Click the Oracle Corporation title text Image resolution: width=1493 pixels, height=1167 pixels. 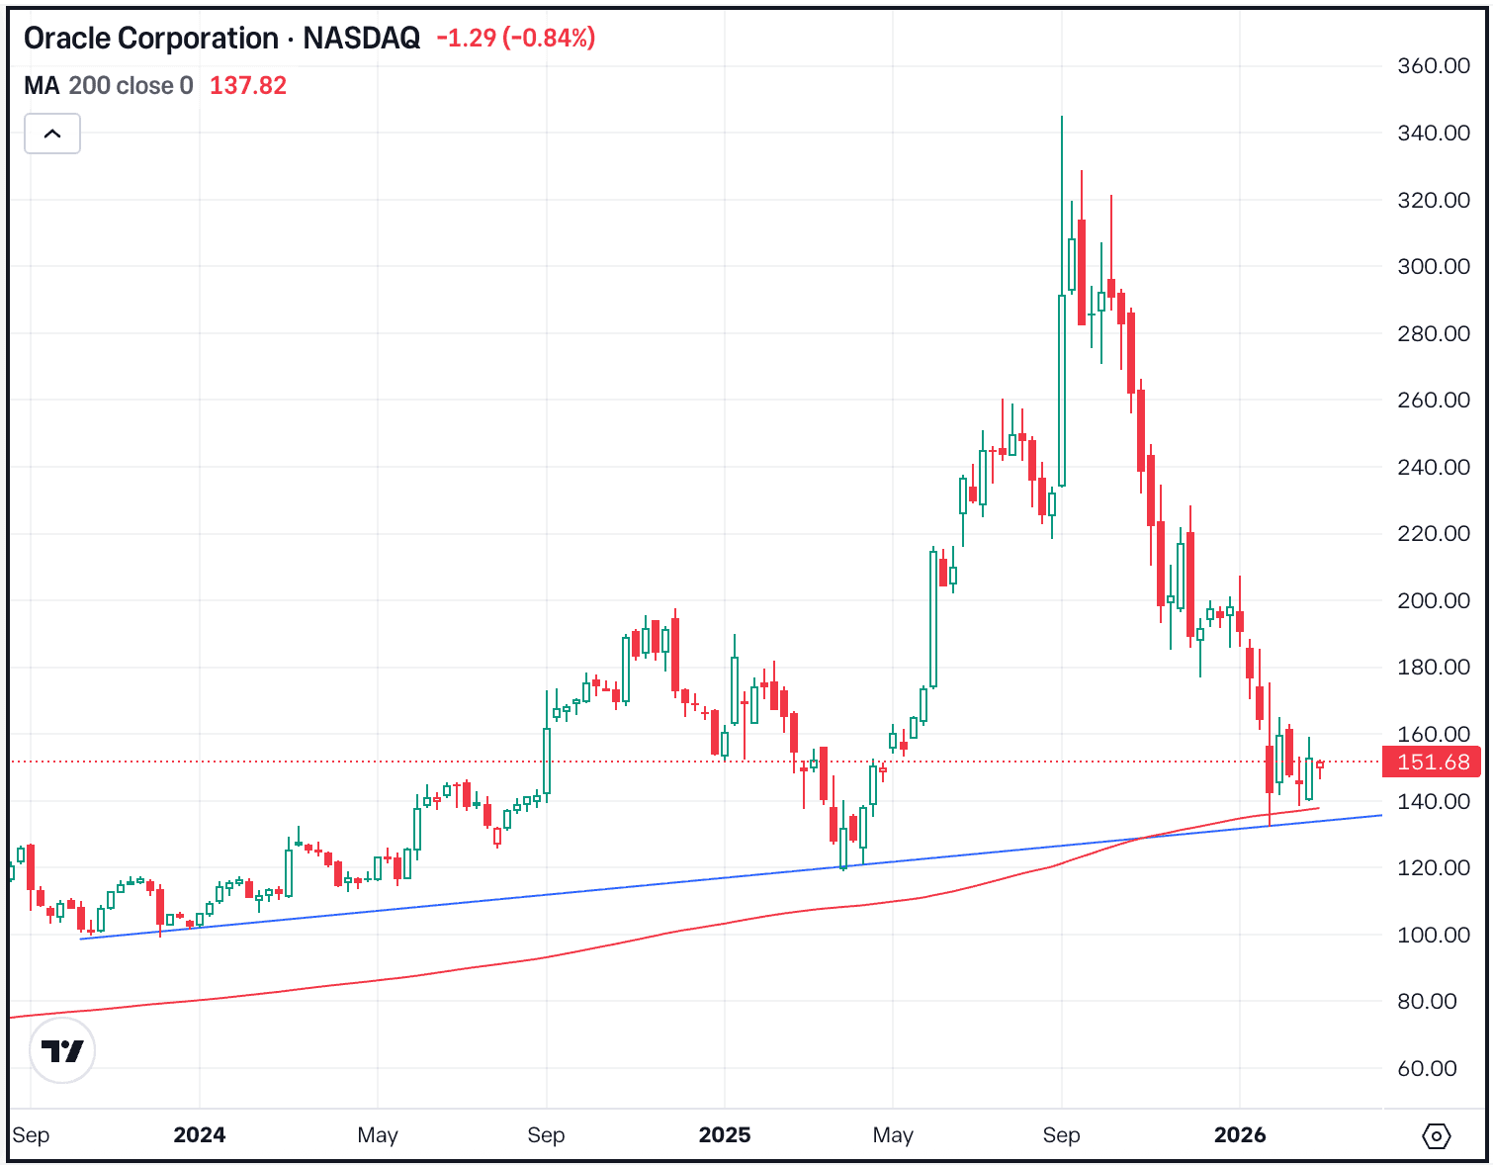150,39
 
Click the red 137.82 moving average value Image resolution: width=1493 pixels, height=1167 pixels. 247,86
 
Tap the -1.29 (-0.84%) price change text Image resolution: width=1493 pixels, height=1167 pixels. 515,39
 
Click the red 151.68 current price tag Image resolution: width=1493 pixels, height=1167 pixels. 1433,763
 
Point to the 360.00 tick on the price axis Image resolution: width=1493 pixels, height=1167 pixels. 1433,66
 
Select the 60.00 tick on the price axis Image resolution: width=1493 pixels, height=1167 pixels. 1427,1068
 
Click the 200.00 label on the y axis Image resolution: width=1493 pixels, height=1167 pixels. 1433,600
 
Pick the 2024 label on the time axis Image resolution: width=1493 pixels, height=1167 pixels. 200,1135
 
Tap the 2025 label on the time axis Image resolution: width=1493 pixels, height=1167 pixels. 724,1135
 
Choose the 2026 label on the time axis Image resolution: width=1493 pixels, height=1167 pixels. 1239,1135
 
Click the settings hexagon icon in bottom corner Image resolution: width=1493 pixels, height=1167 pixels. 1436,1136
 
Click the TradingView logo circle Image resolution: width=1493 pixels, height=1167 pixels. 62,1050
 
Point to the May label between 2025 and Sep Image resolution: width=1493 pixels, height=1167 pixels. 893,1135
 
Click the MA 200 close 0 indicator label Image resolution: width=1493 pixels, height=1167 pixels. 109,86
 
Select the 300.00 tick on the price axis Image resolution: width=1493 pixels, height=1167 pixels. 1433,267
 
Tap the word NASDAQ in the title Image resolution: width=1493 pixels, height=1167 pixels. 361,39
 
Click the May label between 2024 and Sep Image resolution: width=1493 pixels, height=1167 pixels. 378,1135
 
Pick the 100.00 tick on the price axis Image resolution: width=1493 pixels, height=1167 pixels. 1433,935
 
